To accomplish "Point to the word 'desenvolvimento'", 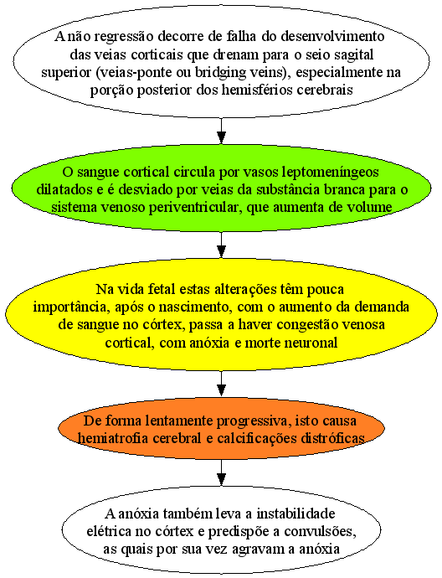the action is tap(332, 37).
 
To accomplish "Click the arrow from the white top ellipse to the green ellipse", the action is tap(221, 131).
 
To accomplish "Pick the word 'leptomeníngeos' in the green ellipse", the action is tap(330, 173).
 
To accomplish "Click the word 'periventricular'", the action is tap(195, 208).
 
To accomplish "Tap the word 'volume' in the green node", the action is tap(369, 207).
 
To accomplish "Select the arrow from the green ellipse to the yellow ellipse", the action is tap(221, 245).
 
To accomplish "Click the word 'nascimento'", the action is tap(200, 307).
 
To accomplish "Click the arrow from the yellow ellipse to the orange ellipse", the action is tap(221, 384).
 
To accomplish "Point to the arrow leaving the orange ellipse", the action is tap(221, 472).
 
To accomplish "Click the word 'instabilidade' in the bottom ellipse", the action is tap(296, 513).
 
